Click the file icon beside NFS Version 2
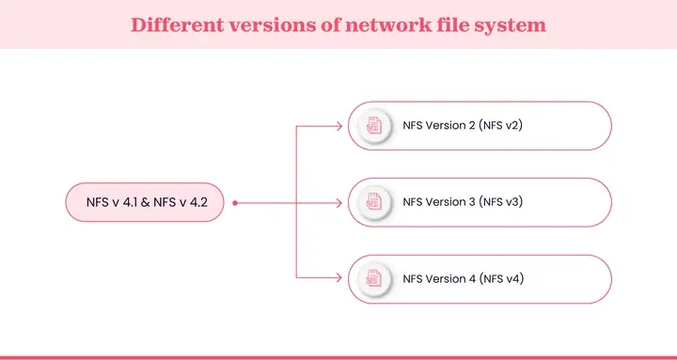[373, 124]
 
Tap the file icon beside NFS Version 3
[373, 201]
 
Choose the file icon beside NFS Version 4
[373, 278]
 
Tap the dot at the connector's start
[235, 201]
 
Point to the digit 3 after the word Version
[469, 201]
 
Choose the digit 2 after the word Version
[469, 124]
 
